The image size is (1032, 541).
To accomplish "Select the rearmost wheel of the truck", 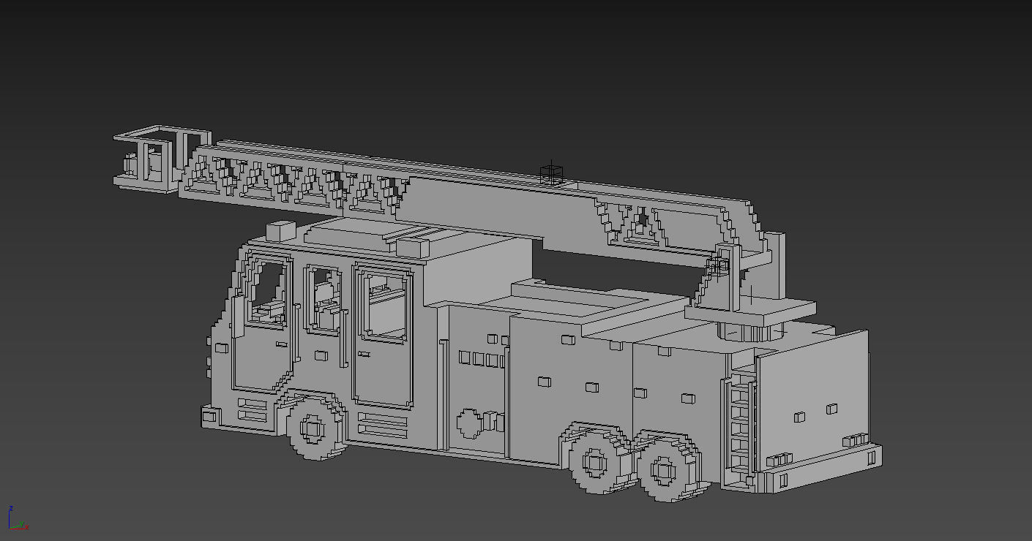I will point(665,467).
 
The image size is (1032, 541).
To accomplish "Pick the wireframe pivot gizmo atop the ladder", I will point(551,174).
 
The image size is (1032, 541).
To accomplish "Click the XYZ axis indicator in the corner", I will point(16,518).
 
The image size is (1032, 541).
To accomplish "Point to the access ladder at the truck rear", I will point(741,424).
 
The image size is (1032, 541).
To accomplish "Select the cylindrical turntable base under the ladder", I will point(747,333).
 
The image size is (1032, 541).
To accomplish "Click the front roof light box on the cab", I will point(280,231).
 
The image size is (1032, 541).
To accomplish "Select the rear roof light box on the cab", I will point(413,246).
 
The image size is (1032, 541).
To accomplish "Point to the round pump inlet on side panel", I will point(468,422).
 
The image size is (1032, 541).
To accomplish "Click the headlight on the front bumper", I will point(209,416).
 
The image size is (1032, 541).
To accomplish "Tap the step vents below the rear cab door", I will point(382,424).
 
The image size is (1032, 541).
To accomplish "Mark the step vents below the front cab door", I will point(252,409).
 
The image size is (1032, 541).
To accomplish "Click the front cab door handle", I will point(281,344).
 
